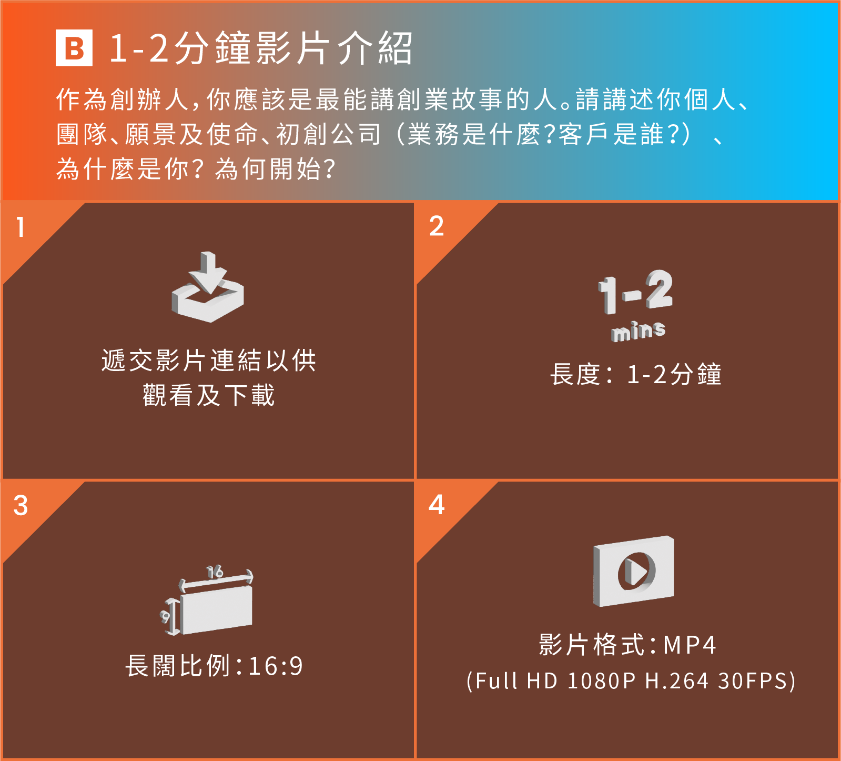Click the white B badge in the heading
[74, 48]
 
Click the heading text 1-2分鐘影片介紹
[260, 48]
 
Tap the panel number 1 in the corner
[21, 227]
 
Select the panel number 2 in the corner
[437, 226]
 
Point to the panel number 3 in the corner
[21, 506]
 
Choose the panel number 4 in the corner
[437, 505]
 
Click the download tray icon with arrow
[208, 287]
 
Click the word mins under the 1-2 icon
[639, 331]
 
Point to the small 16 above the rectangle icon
[215, 572]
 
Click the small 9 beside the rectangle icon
[166, 616]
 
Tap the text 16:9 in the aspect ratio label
[276, 666]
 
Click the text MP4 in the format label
[690, 645]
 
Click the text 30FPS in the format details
[754, 681]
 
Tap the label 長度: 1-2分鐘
[636, 374]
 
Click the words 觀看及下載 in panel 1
[209, 395]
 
